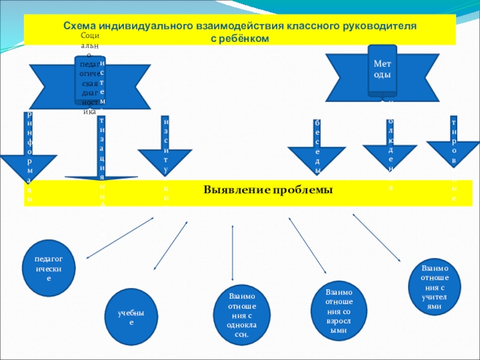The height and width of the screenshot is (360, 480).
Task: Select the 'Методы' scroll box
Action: coord(382,70)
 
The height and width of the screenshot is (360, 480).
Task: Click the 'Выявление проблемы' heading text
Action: coord(268,190)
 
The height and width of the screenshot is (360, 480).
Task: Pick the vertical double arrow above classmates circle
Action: coord(232,253)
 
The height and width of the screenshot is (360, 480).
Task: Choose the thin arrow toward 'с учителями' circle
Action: coord(377,238)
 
